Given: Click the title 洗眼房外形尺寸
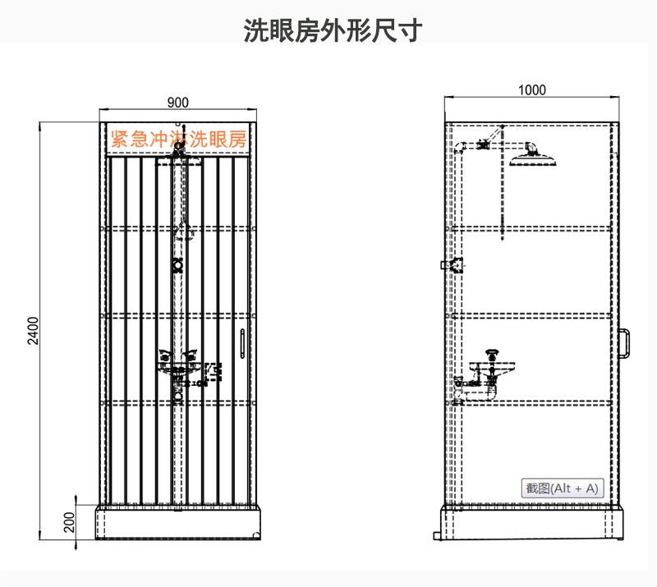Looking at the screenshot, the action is point(333,30).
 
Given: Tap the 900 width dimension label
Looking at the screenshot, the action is point(177,103).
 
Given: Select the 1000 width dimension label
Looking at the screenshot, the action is point(531,90).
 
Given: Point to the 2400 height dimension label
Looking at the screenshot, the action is point(33,331).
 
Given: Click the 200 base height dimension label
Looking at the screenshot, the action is point(69,522).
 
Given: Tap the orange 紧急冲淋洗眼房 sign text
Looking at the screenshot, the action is point(178,139).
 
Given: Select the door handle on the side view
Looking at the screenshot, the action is point(624,343).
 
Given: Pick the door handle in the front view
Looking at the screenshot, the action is point(242,343).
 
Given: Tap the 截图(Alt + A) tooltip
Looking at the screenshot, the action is point(563,488).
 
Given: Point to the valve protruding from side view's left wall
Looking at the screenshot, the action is point(453,265).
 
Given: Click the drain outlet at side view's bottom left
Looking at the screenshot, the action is point(438,536).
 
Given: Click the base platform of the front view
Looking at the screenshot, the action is point(178,522).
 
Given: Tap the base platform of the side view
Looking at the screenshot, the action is point(532,522).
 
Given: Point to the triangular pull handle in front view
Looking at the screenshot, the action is point(183,232).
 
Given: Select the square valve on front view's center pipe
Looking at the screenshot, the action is point(178,265).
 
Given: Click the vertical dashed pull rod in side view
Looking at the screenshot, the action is point(503,183).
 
